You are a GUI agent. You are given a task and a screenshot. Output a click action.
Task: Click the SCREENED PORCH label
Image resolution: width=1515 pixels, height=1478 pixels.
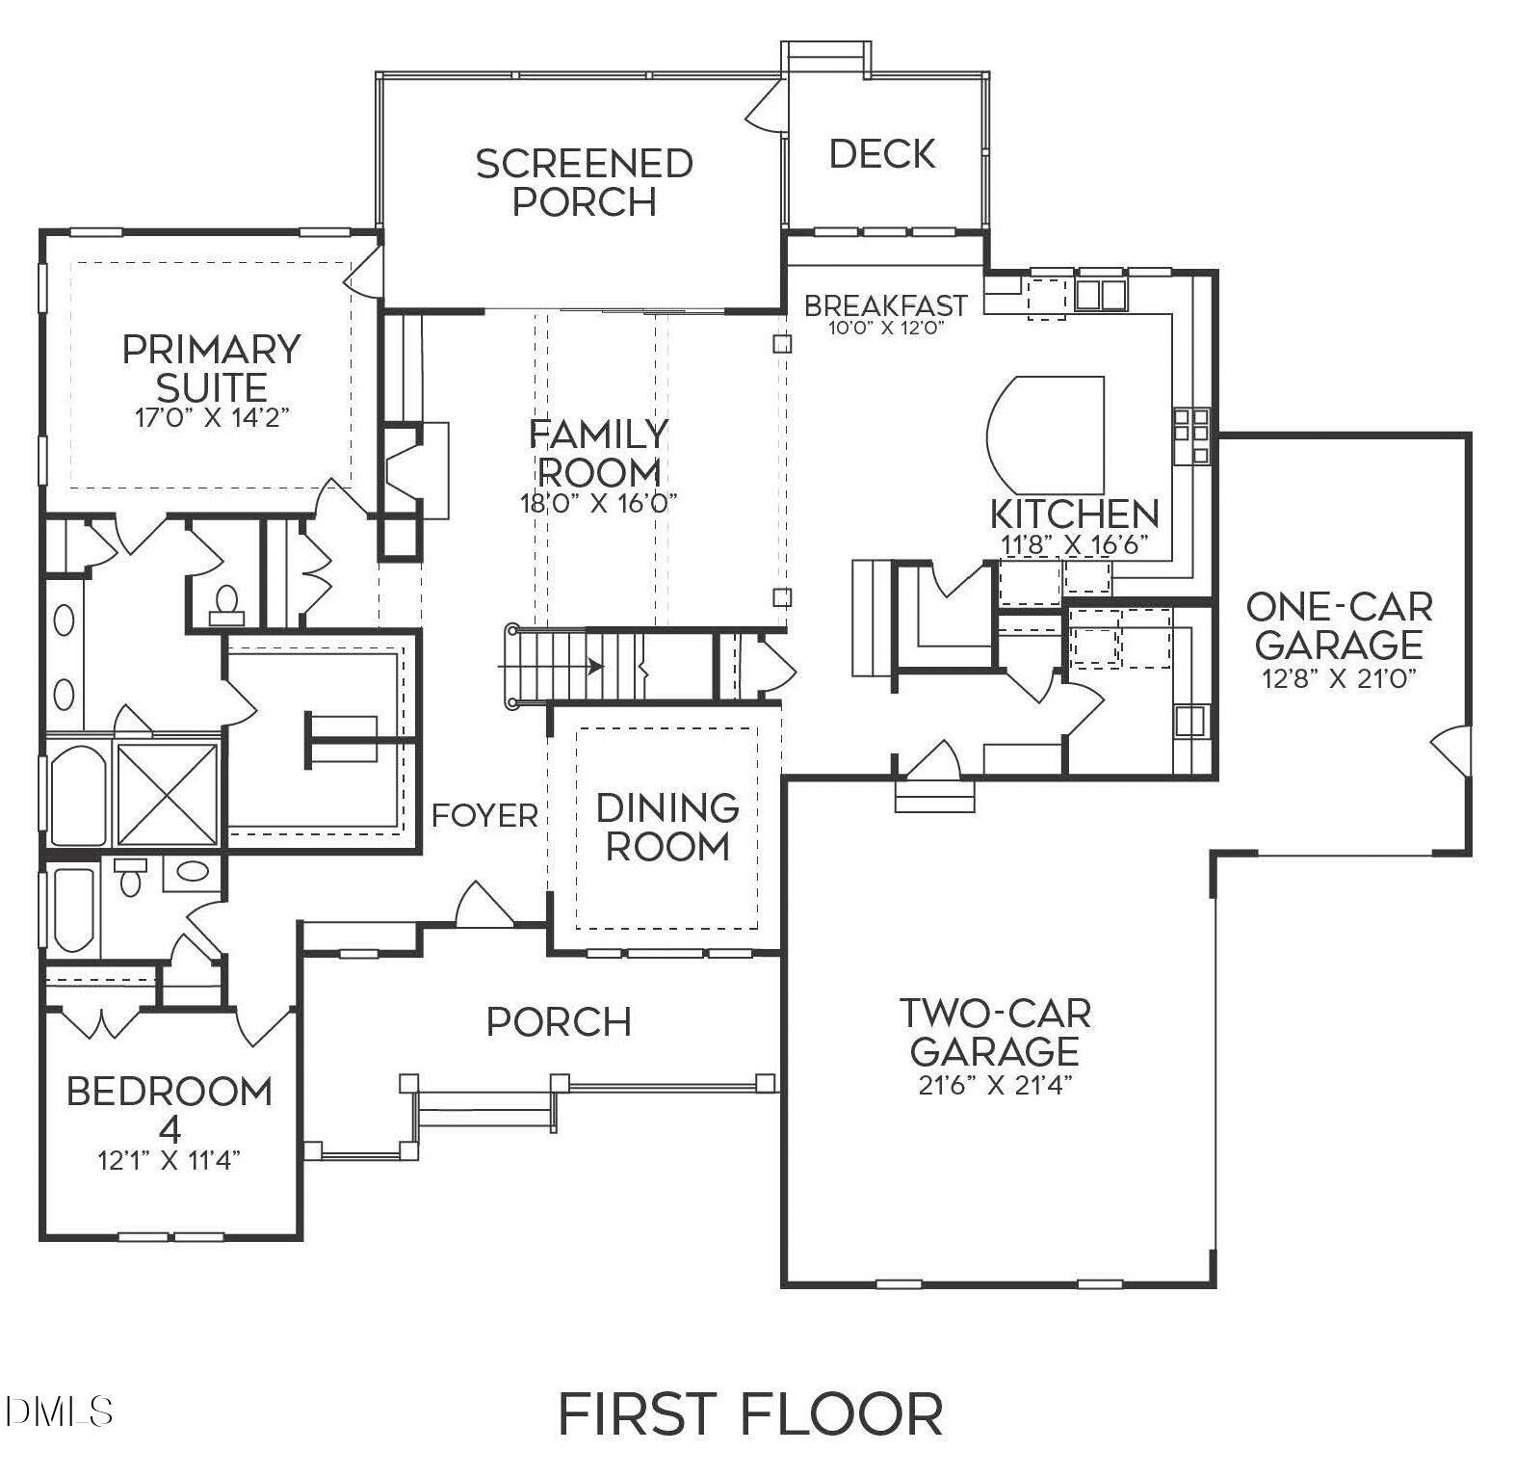[x=584, y=182]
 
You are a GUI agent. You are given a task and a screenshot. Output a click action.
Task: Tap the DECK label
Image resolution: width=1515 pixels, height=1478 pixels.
[x=881, y=154]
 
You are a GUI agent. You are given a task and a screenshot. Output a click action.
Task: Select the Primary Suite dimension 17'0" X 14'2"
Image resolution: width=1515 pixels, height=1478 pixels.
[x=212, y=418]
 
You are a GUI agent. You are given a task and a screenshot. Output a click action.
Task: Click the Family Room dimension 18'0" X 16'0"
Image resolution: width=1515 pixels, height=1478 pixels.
[x=599, y=503]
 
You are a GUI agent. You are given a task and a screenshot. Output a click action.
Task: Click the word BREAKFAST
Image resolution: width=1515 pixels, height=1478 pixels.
[x=885, y=305]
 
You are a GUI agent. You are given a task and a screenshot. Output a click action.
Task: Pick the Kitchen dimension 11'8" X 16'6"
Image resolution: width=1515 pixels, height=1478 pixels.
[x=1074, y=545]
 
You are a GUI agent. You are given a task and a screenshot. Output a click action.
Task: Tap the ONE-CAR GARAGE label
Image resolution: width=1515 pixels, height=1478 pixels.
[x=1339, y=625]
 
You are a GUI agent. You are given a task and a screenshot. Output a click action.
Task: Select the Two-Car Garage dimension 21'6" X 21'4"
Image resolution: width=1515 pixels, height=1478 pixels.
[x=995, y=1086]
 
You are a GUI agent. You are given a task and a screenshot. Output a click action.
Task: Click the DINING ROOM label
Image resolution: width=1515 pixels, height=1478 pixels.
[x=667, y=827]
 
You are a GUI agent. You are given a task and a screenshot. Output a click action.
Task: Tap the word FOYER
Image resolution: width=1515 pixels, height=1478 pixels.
[x=484, y=816]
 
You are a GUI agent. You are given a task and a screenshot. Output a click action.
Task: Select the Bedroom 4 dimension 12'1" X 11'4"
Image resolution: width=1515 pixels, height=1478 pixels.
[x=170, y=1160]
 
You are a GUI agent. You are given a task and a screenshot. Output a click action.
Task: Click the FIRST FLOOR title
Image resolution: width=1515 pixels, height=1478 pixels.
[x=750, y=1414]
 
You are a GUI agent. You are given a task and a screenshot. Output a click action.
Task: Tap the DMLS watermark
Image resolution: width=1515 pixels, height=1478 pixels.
[x=58, y=1412]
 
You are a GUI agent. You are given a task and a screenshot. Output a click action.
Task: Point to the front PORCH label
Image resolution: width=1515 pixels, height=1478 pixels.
[x=559, y=1022]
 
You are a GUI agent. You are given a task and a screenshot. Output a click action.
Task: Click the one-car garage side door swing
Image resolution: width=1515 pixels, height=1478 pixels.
[x=1452, y=748]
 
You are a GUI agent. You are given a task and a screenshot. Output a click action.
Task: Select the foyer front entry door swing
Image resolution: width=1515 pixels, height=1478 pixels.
[x=483, y=906]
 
